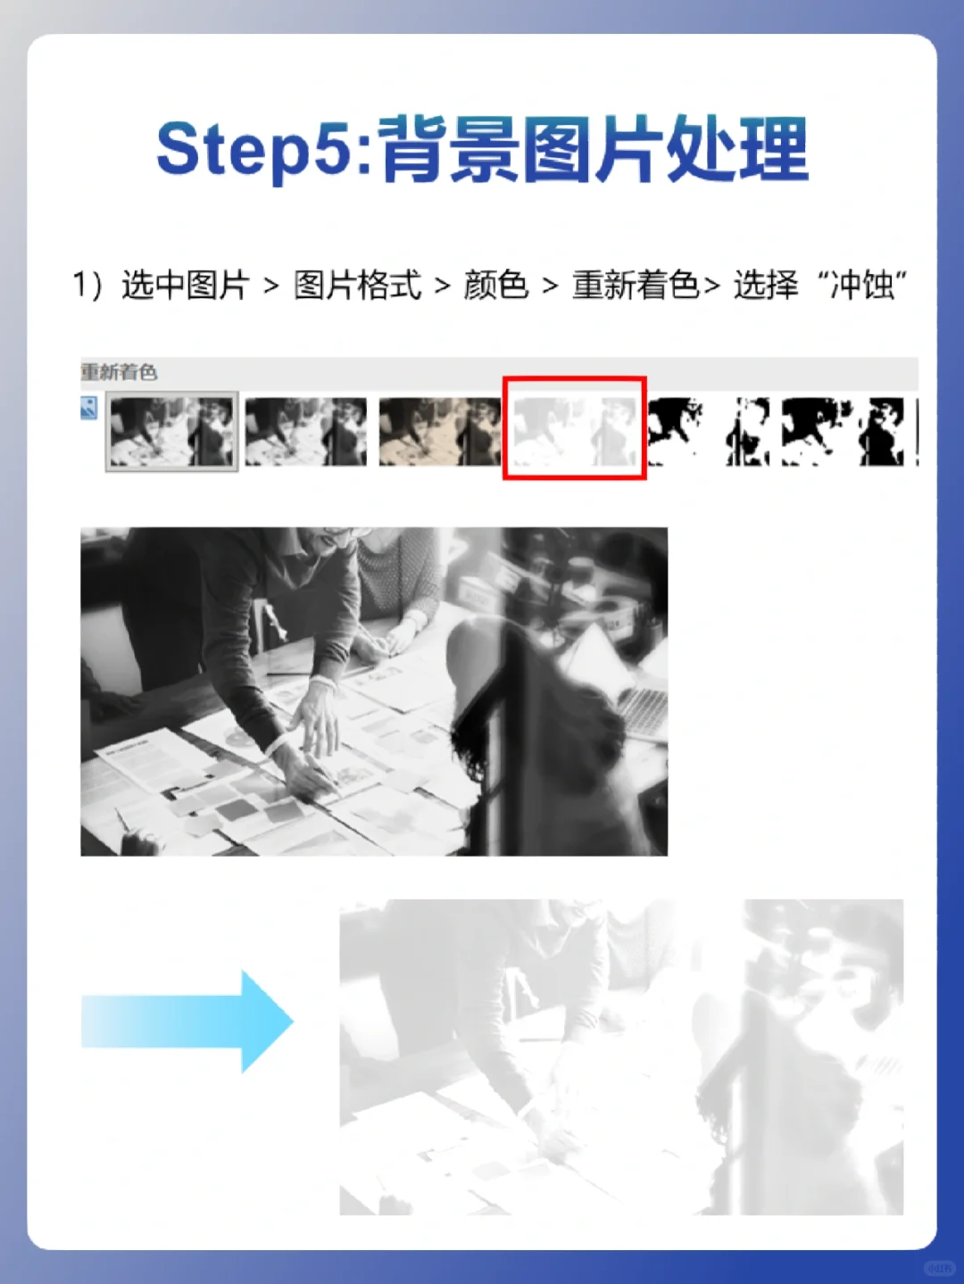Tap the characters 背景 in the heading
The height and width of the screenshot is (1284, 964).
(448, 150)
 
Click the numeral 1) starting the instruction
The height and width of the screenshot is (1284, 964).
(87, 286)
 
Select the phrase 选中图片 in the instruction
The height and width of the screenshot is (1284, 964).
(185, 286)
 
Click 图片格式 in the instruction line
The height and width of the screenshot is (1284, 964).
(357, 286)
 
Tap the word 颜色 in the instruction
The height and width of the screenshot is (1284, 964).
(495, 286)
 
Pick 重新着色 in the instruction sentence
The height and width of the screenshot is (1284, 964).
(635, 286)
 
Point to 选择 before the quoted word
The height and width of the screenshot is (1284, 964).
(766, 286)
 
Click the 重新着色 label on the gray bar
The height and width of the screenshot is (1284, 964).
(119, 372)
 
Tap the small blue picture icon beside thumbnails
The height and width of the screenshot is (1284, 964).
(88, 408)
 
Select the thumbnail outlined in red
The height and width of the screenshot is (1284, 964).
(574, 428)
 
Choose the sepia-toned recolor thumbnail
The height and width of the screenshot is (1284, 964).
(439, 432)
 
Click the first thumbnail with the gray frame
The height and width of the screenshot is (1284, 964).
(171, 432)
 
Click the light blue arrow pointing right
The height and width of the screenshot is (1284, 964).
(187, 1021)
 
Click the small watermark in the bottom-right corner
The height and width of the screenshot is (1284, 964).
(939, 1267)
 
